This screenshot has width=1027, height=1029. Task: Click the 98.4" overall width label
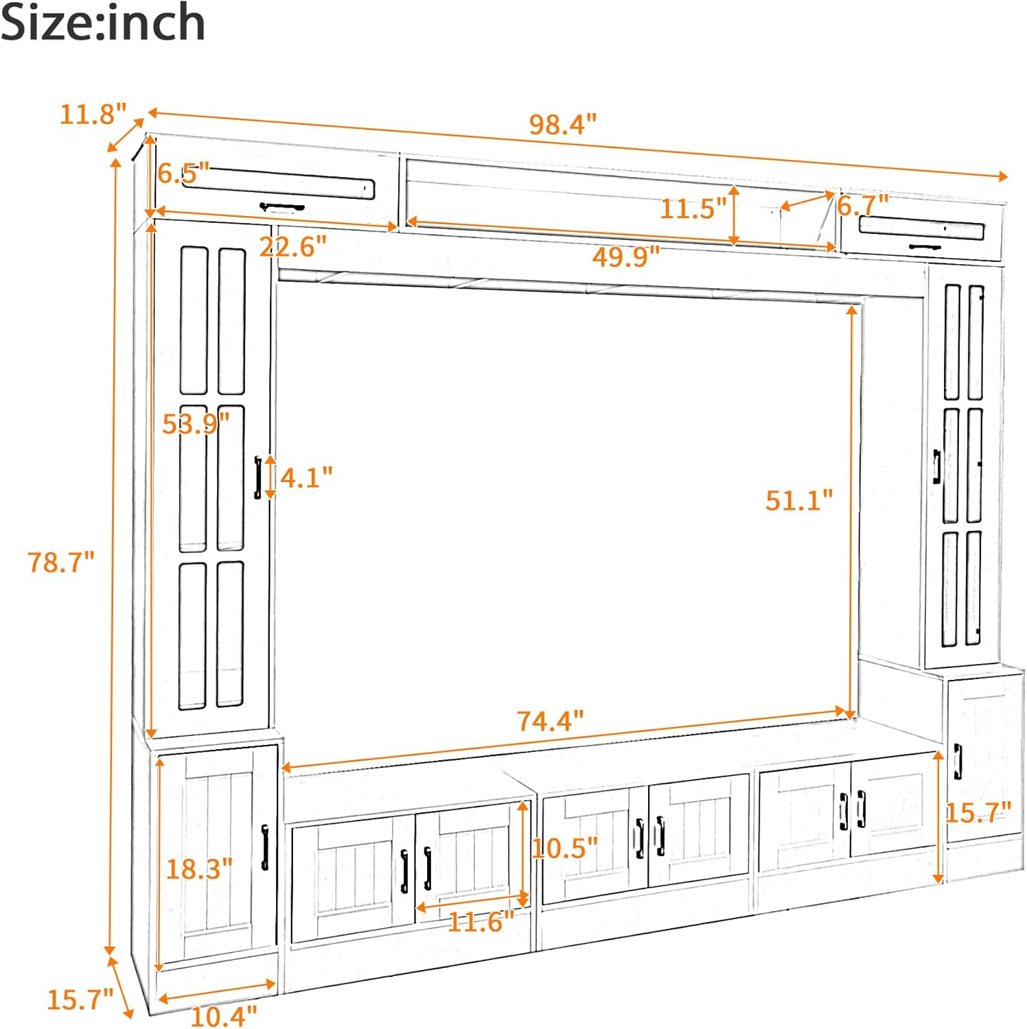click(563, 124)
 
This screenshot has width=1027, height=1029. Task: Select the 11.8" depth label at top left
click(93, 114)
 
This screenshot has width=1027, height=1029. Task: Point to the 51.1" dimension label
click(799, 500)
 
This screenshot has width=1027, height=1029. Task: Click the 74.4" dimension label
click(550, 721)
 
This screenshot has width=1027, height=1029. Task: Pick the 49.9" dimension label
click(626, 257)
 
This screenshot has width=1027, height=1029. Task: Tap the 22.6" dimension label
click(293, 246)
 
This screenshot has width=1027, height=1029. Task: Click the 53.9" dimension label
click(196, 424)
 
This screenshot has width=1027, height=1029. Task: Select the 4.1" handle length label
click(306, 477)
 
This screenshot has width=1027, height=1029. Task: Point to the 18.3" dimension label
click(199, 868)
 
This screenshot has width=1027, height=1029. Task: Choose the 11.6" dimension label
click(481, 921)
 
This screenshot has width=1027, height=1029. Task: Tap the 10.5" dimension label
click(564, 848)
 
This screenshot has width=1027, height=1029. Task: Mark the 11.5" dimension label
click(693, 208)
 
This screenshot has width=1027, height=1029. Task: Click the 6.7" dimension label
click(863, 204)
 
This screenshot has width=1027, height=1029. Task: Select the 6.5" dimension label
click(183, 173)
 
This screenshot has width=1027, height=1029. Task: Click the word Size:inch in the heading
click(103, 22)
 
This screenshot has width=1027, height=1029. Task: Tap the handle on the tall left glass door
click(258, 477)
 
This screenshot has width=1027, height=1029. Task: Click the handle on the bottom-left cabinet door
click(265, 847)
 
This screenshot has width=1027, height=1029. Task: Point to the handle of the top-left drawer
click(281, 206)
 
